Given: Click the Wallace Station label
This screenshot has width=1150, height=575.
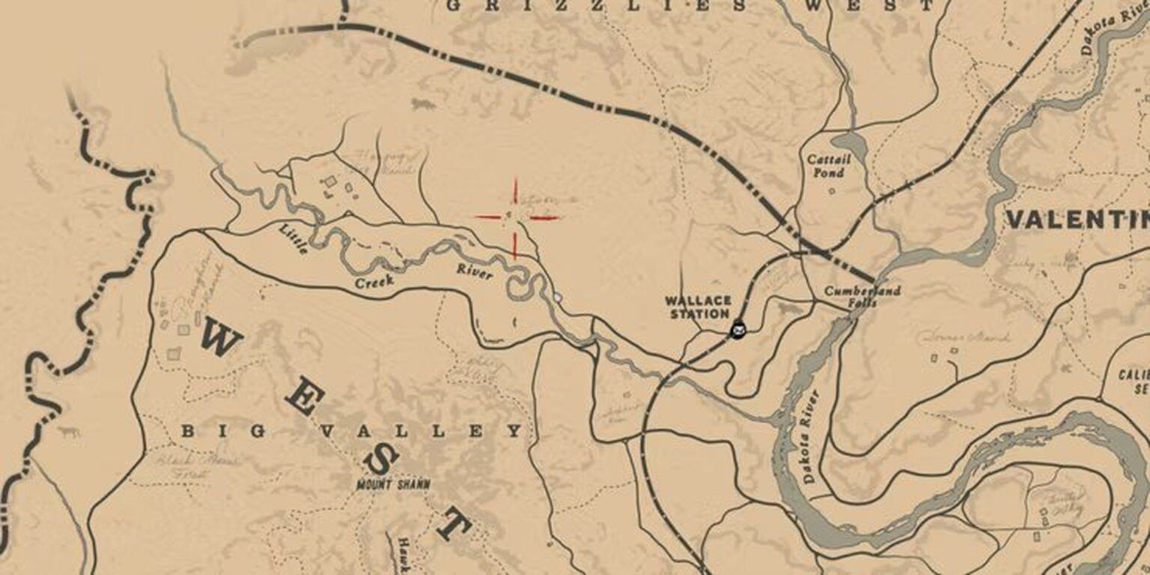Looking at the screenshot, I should [x=697, y=307].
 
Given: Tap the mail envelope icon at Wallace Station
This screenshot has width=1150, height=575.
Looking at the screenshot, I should [x=739, y=329].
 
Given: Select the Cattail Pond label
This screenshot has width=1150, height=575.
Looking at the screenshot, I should [x=825, y=166].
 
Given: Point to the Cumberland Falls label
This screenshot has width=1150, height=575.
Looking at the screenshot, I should [x=862, y=296].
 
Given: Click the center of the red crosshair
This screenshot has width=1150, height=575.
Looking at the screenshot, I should [x=515, y=218].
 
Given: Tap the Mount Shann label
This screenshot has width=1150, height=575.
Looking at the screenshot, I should [x=393, y=484].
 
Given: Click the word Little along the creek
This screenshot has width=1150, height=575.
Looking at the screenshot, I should [x=293, y=239].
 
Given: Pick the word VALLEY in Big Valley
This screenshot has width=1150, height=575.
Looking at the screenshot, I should [x=420, y=431].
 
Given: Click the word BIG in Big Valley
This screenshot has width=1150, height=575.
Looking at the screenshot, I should [x=223, y=431].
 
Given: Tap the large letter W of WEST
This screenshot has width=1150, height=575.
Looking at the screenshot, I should [x=220, y=338].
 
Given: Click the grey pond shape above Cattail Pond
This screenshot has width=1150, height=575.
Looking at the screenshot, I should [x=848, y=143].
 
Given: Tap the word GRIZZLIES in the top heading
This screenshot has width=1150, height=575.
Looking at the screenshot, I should [x=595, y=6].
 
